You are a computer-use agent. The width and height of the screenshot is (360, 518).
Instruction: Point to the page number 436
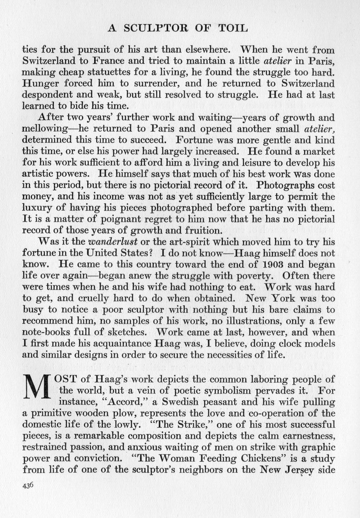(x=28, y=485)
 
